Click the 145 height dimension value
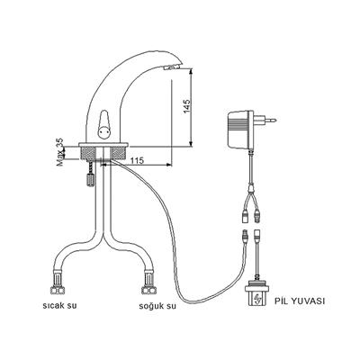click(x=187, y=106)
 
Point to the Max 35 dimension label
click(x=59, y=152)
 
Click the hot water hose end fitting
click(x=60, y=288)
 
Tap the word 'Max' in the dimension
click(x=59, y=161)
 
